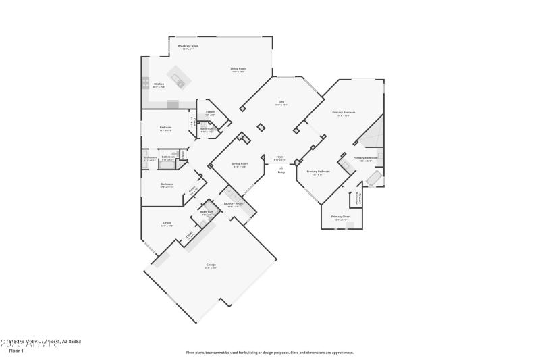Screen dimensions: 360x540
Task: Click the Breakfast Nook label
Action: click(188, 46)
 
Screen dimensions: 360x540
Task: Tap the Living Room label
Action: click(238, 68)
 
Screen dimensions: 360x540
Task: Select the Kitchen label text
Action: click(159, 84)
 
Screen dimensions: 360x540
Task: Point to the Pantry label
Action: click(210, 112)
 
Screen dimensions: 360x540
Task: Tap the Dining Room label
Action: click(240, 163)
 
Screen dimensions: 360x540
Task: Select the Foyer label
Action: click(279, 157)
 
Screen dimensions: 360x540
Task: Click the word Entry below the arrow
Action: click(281, 172)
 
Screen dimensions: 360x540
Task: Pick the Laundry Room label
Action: click(234, 203)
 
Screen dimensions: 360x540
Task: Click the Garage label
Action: click(211, 265)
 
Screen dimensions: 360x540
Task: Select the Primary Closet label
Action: click(341, 217)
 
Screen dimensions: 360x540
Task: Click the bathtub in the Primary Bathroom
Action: click(373, 179)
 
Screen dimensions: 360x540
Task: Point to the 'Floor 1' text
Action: click(16, 351)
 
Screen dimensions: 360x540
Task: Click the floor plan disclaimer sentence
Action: click(269, 352)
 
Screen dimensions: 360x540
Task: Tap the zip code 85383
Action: click(74, 342)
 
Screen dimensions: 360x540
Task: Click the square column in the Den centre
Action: click(261, 127)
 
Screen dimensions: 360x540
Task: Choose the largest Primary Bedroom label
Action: click(344, 112)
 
